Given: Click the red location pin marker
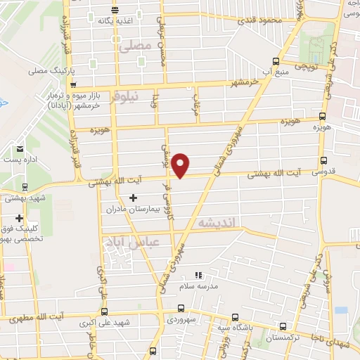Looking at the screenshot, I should [181, 165].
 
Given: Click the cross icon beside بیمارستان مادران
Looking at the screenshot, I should [133, 198].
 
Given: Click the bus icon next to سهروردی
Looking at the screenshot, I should [182, 308].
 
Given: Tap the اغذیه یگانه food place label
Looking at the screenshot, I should [115, 20].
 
